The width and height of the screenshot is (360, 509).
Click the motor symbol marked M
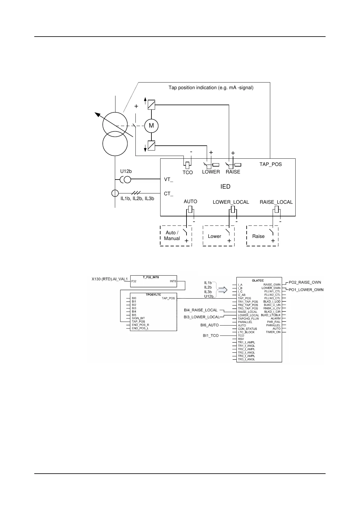tap(151, 125)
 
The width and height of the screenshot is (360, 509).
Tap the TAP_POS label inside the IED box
tap(271, 164)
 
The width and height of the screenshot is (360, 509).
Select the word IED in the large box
tap(225, 186)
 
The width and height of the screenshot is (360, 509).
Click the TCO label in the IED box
tap(187, 172)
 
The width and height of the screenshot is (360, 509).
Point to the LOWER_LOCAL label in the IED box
tap(231, 202)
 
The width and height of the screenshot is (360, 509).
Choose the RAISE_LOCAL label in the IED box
tap(276, 202)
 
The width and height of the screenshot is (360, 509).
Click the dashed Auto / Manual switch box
tap(176, 236)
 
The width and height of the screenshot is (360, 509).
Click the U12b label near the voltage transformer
tap(126, 171)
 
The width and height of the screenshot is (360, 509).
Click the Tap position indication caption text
tap(211, 88)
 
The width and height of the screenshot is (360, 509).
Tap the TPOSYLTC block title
tap(153, 294)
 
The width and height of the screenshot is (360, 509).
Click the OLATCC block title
tap(258, 280)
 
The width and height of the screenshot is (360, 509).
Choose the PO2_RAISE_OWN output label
tap(305, 282)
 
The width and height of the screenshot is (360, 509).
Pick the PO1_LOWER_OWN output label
tap(306, 290)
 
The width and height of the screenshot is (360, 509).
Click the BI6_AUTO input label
tap(209, 325)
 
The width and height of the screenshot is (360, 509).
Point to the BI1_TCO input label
tap(211, 336)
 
